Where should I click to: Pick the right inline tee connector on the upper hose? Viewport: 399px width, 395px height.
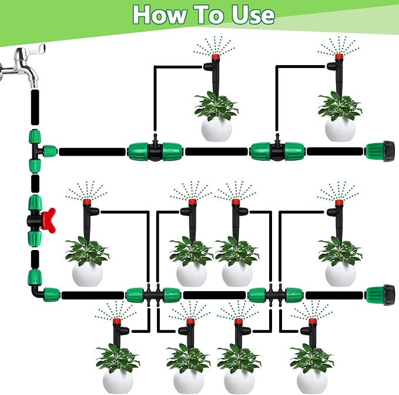[276, 151]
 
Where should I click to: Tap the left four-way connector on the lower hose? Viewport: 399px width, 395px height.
[153, 294]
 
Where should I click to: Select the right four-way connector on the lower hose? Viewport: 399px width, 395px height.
[275, 294]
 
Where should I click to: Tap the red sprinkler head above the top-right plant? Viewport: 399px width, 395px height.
[339, 58]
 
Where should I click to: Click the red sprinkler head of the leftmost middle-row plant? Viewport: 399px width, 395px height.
[86, 202]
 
